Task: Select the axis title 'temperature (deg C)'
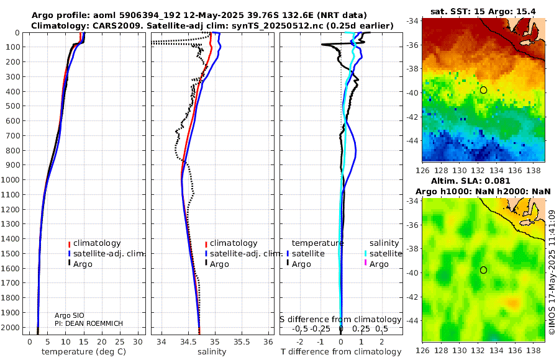tap(84, 352)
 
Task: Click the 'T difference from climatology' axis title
tap(341, 352)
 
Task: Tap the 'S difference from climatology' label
tap(341, 320)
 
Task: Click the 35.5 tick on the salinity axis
tap(242, 342)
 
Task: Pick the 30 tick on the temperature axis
tap(138, 342)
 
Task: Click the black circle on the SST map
tap(483, 90)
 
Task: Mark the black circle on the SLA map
tap(483, 270)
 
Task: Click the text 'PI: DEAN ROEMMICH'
tap(89, 323)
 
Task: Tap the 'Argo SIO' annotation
tap(70, 315)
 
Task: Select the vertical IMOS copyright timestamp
tap(552, 272)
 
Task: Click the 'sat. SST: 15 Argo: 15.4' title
tap(483, 11)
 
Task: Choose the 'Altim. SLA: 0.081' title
tap(471, 181)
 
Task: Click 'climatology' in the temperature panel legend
tap(97, 243)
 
